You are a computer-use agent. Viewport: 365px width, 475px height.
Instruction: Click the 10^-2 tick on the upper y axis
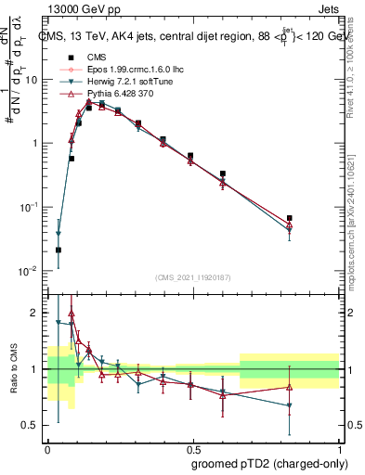pos(31,271)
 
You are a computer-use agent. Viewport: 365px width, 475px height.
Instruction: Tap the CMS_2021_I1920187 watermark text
pos(191,276)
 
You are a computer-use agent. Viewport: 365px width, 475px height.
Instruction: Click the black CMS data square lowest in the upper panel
pos(59,250)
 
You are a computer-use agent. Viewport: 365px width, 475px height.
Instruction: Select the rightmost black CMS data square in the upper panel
pos(290,218)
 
